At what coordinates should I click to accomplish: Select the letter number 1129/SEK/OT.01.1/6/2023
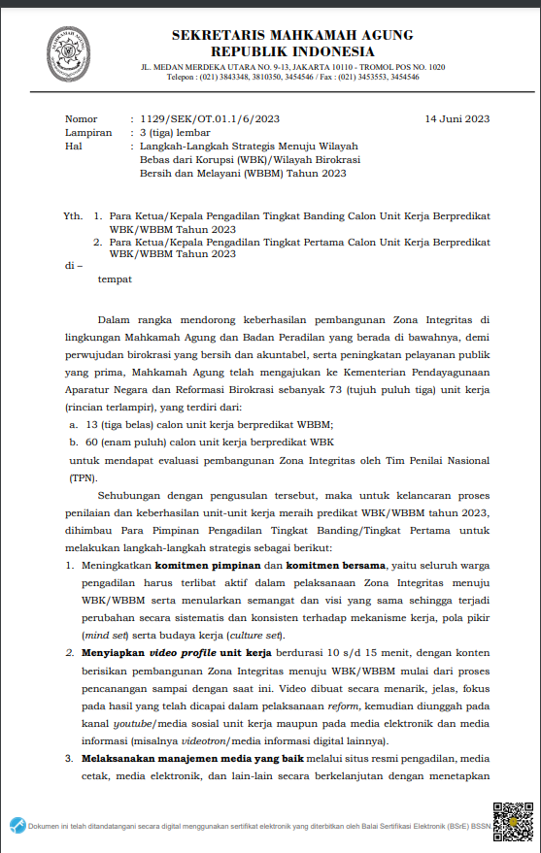(x=196, y=118)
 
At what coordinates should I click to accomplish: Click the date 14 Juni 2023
(x=456, y=118)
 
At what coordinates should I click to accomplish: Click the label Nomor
(x=82, y=118)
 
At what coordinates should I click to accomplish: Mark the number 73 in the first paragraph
(x=313, y=389)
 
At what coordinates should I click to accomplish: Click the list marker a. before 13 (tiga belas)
(x=74, y=425)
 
